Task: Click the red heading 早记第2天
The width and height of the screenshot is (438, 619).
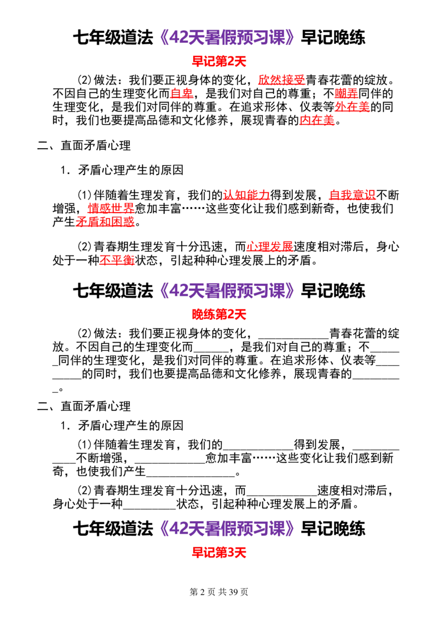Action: click(219, 61)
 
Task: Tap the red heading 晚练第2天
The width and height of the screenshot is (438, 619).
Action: click(219, 314)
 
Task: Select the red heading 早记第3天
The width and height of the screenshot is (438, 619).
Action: click(219, 552)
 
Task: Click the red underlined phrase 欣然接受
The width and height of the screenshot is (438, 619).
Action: click(281, 80)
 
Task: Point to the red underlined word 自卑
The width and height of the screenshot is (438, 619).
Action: click(181, 94)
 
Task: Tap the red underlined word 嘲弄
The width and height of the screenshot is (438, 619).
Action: click(346, 94)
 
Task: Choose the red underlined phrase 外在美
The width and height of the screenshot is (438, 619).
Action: click(352, 107)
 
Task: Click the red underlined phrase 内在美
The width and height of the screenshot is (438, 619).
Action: click(317, 120)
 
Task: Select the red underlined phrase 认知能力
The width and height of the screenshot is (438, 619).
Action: click(246, 195)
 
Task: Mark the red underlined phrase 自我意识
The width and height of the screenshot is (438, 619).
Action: click(352, 195)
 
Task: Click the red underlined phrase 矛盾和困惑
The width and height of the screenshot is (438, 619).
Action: click(105, 221)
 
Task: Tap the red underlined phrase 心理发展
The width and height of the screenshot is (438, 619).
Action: click(269, 247)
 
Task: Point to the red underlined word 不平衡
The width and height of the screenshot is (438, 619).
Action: click(117, 260)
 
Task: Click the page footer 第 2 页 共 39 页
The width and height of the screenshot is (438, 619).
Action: click(219, 592)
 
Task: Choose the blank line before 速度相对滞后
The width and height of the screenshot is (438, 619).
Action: click(281, 495)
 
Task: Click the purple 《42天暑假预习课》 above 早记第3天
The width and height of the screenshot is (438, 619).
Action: click(227, 529)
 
